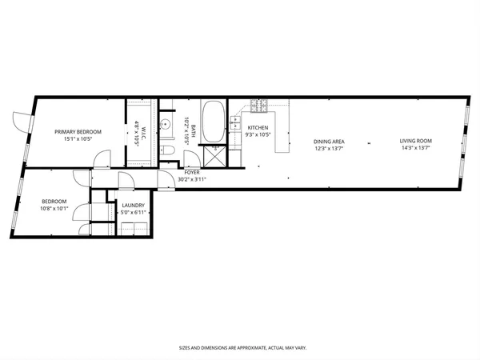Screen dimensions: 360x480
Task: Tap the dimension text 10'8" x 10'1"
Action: pyautogui.click(x=55, y=209)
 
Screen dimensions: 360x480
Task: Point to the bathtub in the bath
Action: pyautogui.click(x=213, y=122)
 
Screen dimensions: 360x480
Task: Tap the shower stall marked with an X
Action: pyautogui.click(x=214, y=154)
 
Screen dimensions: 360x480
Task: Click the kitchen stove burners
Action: pyautogui.click(x=260, y=106)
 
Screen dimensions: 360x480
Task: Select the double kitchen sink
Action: pyautogui.click(x=235, y=122)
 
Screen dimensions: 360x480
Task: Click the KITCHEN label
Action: pyautogui.click(x=258, y=128)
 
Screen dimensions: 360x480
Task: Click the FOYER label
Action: pyautogui.click(x=192, y=173)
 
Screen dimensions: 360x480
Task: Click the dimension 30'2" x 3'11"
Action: pyautogui.click(x=192, y=179)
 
